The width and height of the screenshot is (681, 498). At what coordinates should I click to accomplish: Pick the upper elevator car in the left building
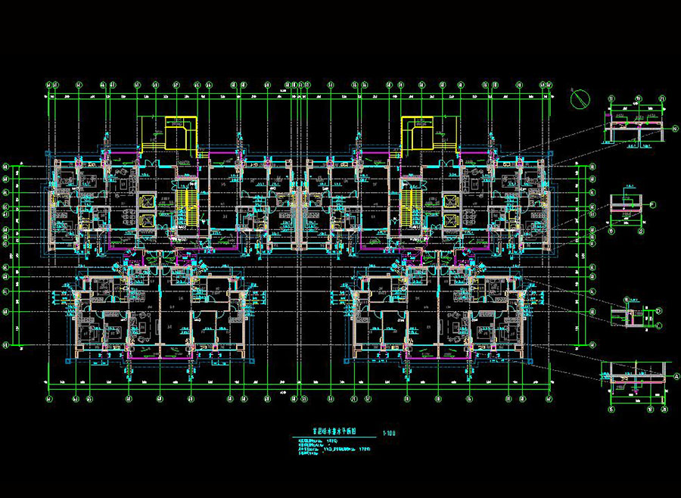147,201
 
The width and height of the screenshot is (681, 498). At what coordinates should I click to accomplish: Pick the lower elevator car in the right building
449,220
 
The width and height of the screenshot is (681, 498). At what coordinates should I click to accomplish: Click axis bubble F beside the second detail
652,204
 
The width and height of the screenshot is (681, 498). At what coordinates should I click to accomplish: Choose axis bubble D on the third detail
659,311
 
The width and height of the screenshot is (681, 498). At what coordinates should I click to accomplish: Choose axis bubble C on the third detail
659,325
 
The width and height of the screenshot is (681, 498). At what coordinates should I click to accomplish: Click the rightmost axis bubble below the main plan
549,398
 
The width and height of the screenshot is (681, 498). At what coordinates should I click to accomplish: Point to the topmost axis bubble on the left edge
6,165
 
